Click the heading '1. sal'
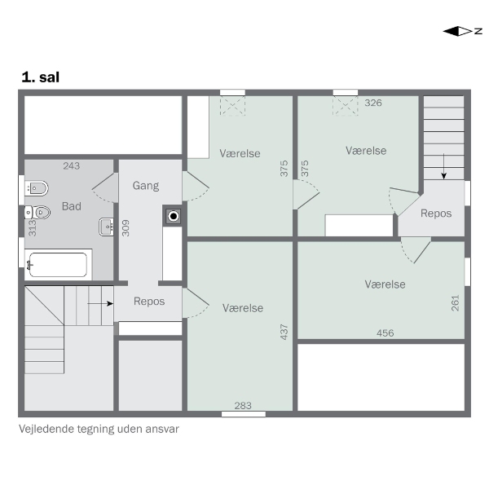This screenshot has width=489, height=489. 40,77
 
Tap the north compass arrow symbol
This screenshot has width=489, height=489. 462,31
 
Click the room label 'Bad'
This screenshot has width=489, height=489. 72,206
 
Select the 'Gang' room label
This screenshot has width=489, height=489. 146,186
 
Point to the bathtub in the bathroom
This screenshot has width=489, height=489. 58,265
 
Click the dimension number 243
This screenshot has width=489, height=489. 72,165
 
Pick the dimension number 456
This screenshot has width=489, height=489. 385,333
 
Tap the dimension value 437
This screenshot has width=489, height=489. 284,332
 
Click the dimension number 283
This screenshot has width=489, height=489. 243,405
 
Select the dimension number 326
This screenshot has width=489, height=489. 373,103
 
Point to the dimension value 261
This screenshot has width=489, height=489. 456,303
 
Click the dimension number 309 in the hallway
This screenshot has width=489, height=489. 126,228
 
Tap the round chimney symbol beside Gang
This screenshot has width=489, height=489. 174,216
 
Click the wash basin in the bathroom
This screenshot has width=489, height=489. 106,227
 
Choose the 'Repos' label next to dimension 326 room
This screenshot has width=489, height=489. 436,214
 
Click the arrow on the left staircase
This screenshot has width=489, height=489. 100,303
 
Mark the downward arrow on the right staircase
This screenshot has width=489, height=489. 444,166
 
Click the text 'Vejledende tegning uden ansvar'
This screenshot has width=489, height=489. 99,429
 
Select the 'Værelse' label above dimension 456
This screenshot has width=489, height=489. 385,284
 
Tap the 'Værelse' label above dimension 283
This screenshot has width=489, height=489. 243,308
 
